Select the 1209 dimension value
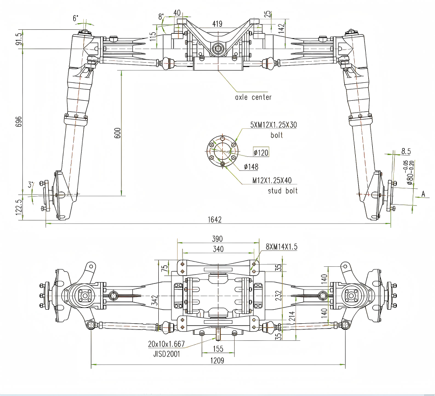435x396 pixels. coord(217,361)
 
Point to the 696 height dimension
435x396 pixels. coord(18,121)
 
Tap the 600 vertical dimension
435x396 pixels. coord(117,133)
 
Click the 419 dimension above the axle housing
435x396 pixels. coord(217,24)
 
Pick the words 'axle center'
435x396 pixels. coord(253,97)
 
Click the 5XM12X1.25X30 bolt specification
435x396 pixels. coord(273,125)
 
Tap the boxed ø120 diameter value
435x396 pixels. coord(261,152)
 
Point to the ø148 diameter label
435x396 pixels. coord(251,166)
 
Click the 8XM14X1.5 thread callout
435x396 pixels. coord(282,247)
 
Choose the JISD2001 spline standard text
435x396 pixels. coord(164,353)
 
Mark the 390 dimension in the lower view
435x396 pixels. coord(217,239)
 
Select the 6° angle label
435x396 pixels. coord(76,18)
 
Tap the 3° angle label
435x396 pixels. coord(31,185)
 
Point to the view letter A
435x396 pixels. coord(424,193)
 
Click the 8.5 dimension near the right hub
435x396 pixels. coord(406,152)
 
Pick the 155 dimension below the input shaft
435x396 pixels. coord(218,349)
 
